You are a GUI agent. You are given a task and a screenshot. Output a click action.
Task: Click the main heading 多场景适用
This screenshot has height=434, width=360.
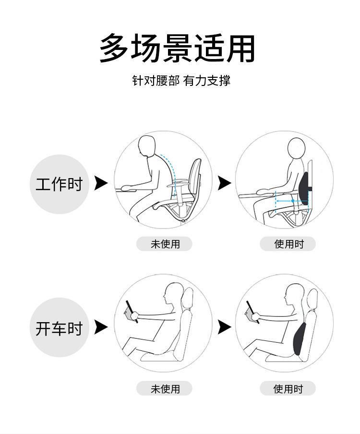tap(177, 48)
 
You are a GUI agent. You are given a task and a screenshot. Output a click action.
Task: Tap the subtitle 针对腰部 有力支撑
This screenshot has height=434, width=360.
tap(181, 81)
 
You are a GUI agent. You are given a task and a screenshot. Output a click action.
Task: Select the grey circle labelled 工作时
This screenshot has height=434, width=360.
tap(59, 184)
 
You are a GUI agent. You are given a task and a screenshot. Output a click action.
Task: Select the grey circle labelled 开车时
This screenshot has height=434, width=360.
tap(59, 327)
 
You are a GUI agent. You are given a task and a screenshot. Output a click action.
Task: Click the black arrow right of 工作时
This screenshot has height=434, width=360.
tap(101, 183)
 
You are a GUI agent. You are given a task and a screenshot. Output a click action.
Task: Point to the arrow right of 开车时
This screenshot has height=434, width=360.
tap(101, 327)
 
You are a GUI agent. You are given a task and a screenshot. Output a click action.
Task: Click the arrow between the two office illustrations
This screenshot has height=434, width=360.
tap(224, 183)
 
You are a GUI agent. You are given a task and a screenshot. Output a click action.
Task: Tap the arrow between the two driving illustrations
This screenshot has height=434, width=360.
tap(224, 327)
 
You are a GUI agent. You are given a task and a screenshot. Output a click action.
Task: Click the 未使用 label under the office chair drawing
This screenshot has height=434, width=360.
tap(164, 244)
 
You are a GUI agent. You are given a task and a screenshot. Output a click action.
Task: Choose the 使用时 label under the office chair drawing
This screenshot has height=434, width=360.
tap(288, 244)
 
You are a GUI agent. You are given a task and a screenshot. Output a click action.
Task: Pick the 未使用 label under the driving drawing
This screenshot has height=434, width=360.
tap(164, 388)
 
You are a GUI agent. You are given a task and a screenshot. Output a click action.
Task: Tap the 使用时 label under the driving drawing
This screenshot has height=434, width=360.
tap(288, 388)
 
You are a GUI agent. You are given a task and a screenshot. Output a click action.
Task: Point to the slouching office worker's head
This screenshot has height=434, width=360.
tap(147, 146)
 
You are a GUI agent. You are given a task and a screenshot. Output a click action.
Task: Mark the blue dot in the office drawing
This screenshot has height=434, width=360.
tap(293, 201)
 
